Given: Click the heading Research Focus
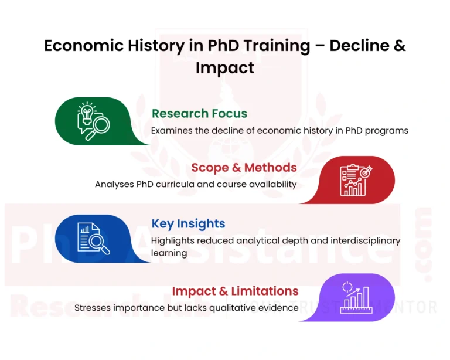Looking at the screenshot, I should click(199, 114).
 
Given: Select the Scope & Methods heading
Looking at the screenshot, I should click(244, 168).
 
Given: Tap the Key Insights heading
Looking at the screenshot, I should click(188, 223).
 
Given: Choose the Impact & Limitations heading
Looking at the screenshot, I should click(235, 291).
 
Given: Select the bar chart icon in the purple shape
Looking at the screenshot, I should click(356, 297).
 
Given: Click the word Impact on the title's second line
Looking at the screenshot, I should click(225, 67).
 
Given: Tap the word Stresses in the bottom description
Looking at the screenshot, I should click(93, 308).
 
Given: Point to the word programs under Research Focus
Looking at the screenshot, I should click(387, 130).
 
